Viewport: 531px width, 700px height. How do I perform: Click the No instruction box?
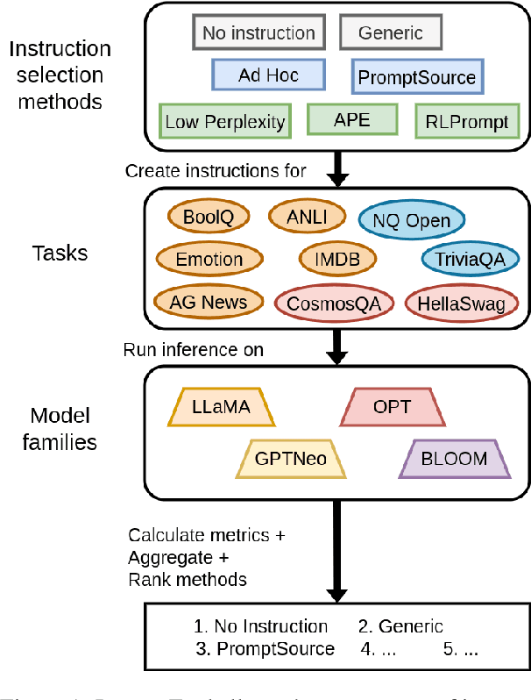click(x=258, y=34)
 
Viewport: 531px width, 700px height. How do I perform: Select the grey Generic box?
click(x=390, y=34)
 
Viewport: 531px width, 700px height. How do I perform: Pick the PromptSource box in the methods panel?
click(x=416, y=78)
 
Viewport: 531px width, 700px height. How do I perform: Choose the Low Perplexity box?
click(x=225, y=121)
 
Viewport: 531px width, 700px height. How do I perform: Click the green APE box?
click(x=352, y=120)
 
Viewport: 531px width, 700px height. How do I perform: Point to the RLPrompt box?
click(x=465, y=121)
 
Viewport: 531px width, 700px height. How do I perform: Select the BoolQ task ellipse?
click(x=208, y=218)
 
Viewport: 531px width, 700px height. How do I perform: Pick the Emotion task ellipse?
click(x=209, y=260)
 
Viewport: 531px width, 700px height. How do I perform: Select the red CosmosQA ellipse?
click(x=332, y=303)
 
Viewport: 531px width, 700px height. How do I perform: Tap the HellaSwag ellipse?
click(x=462, y=303)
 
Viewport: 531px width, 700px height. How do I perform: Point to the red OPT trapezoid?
click(x=391, y=407)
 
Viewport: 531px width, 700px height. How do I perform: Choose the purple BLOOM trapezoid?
click(x=455, y=459)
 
